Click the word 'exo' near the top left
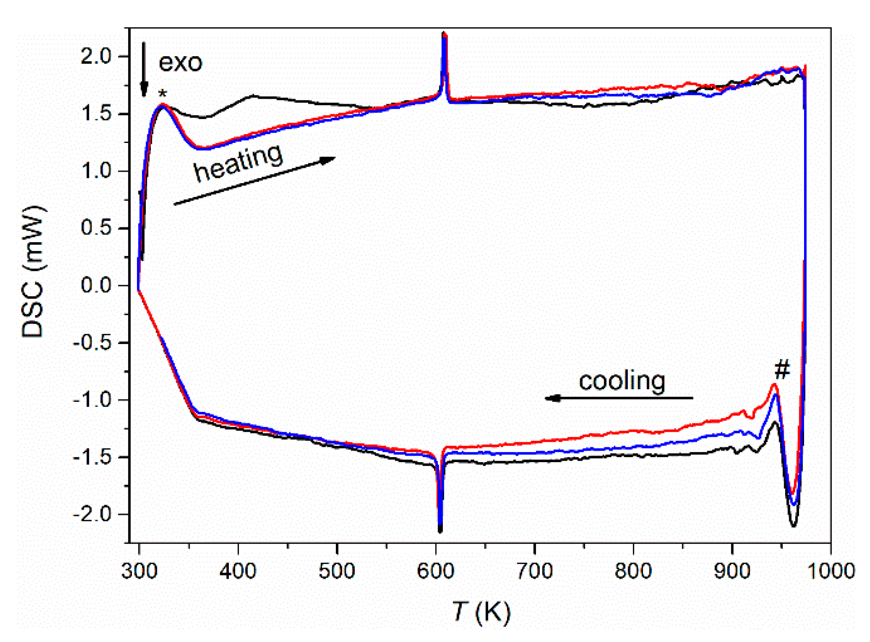180,63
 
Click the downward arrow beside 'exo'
144,69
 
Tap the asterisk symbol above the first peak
162,94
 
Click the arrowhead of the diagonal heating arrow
328,160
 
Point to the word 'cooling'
621,381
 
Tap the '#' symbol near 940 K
782,369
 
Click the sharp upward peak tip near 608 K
444,35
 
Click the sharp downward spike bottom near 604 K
440,530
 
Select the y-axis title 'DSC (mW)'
33,272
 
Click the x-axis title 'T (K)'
481,612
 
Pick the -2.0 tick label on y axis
92,514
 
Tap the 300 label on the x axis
139,571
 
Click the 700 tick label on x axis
534,571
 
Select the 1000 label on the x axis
830,571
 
